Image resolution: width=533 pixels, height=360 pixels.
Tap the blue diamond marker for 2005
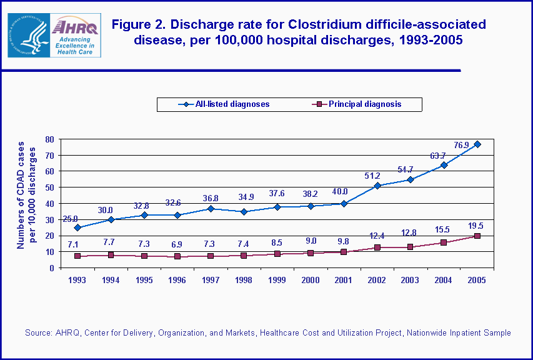click(x=477, y=144)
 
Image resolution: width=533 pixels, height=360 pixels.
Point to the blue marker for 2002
click(x=377, y=186)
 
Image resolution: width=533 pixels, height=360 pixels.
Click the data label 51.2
click(x=373, y=176)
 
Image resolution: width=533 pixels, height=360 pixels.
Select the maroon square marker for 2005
click(x=477, y=236)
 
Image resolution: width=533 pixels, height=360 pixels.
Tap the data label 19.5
click(x=477, y=225)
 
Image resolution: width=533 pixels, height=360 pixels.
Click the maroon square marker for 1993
click(x=77, y=256)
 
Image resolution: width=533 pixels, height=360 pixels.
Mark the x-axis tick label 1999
click(x=277, y=281)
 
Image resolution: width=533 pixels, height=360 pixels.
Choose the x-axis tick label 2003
click(x=411, y=281)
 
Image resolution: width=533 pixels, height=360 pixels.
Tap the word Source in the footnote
click(x=38, y=333)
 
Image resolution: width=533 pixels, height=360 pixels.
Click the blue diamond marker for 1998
click(x=244, y=212)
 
